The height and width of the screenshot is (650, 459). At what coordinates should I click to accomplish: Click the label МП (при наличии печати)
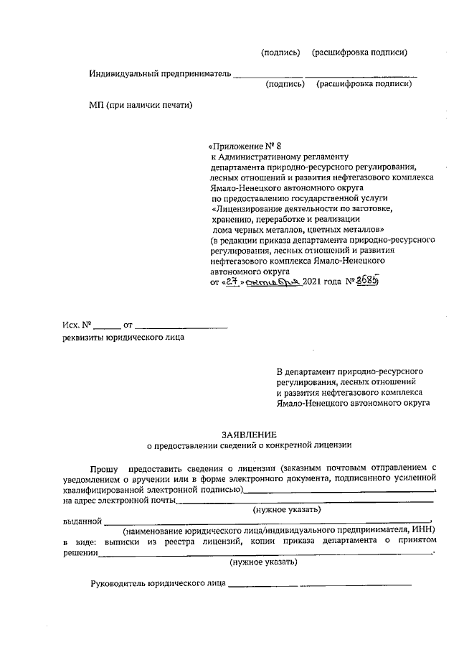[141, 105]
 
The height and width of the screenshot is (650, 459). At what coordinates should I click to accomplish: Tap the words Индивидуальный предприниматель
[160, 73]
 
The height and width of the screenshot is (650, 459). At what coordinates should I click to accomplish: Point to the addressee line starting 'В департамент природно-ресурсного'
[349, 371]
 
